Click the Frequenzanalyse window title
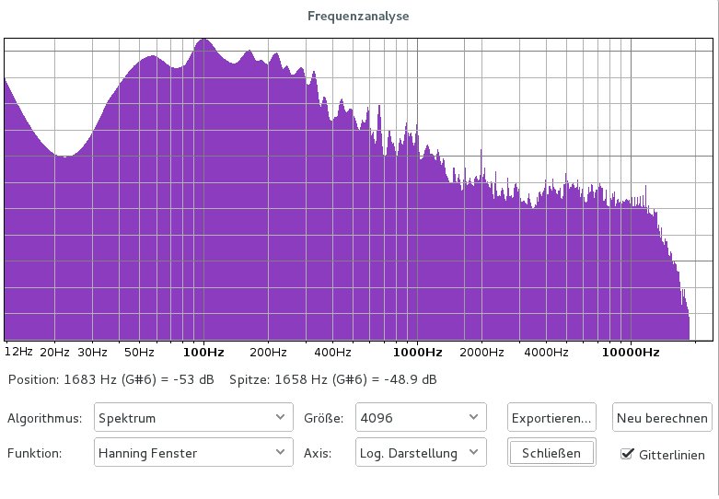358,16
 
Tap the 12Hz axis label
18,352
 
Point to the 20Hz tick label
54,352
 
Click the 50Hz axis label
139,352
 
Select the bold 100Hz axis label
203,352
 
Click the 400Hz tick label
332,352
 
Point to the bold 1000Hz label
419,352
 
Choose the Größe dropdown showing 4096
421,418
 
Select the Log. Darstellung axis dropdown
421,452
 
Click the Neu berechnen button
663,418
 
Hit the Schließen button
551,452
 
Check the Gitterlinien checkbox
629,453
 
